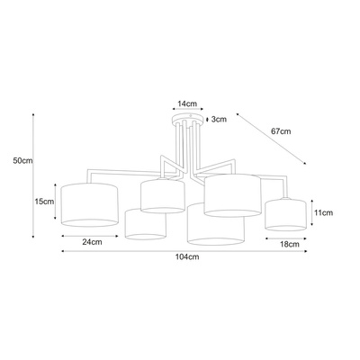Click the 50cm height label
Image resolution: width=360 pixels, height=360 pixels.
point(22,160)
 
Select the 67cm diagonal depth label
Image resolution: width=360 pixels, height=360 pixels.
point(281,131)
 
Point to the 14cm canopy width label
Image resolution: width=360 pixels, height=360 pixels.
point(187,103)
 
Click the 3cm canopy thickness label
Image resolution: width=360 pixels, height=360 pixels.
point(219,120)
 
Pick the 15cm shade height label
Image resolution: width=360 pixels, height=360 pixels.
point(44,202)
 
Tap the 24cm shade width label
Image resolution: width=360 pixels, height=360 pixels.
point(92,242)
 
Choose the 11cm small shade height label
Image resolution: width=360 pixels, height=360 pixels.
point(323,212)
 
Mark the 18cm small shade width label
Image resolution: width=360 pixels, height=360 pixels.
point(290,244)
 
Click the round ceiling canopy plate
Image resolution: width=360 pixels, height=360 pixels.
point(188,118)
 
